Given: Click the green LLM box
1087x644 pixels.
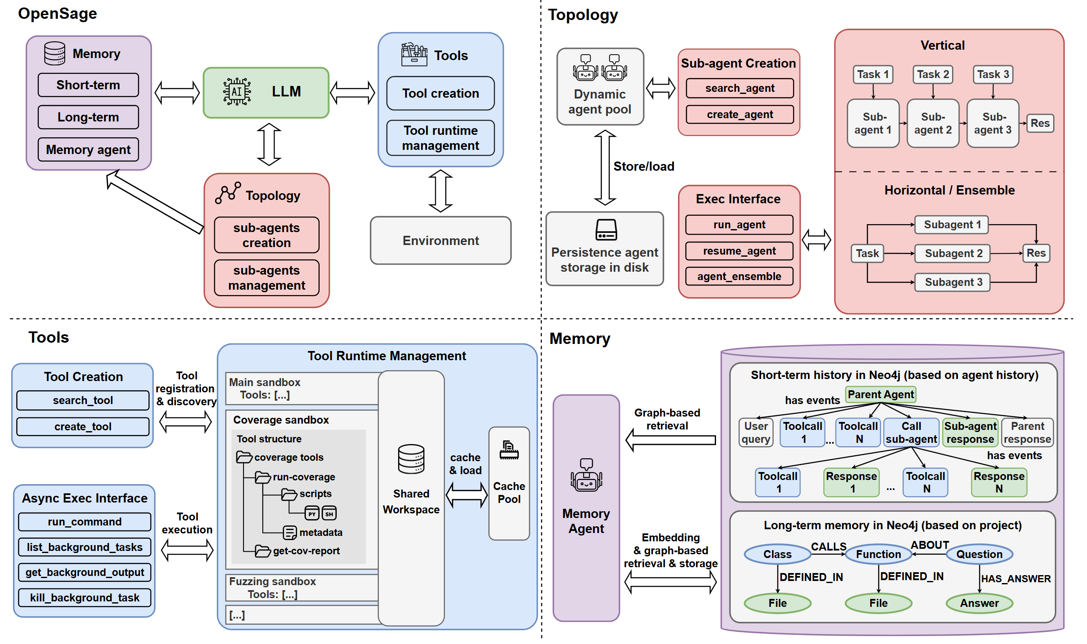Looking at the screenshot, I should point(266,92).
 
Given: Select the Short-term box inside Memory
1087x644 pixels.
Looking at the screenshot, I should point(88,85).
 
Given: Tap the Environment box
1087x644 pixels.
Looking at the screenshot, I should point(441,241).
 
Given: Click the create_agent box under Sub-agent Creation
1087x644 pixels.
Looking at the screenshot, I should point(740,114).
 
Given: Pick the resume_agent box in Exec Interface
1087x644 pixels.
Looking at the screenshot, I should point(739,251).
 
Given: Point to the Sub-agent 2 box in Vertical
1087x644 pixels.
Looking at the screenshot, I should point(933,124).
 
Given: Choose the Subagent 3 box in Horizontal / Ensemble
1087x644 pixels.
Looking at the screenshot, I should point(953,283).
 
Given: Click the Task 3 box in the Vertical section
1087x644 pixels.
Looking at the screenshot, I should point(993,75).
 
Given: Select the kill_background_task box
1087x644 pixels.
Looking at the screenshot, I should point(85,598).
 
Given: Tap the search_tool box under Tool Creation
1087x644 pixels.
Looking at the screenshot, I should point(83,401).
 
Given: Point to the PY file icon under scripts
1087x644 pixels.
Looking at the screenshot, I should point(312,514).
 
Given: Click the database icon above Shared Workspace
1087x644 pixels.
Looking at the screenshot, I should point(411,459).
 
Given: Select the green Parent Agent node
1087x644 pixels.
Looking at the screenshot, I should point(881,395).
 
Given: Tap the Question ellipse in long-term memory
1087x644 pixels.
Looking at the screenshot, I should point(980,555).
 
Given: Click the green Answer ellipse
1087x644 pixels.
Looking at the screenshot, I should point(980,604).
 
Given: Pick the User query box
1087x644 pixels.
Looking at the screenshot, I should point(756,433).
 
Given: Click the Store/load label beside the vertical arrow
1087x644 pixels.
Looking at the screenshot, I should point(644,167).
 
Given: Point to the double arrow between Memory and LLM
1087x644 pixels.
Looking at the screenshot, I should point(177,92).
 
